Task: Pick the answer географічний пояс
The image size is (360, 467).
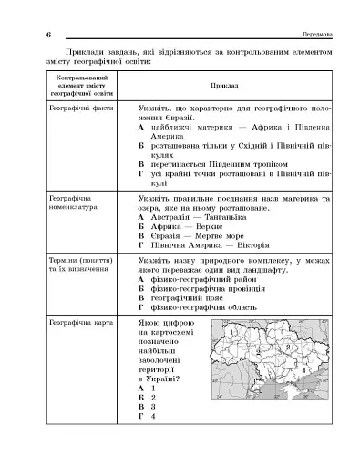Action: [x=186, y=299]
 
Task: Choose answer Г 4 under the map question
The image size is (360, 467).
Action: [x=150, y=416]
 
